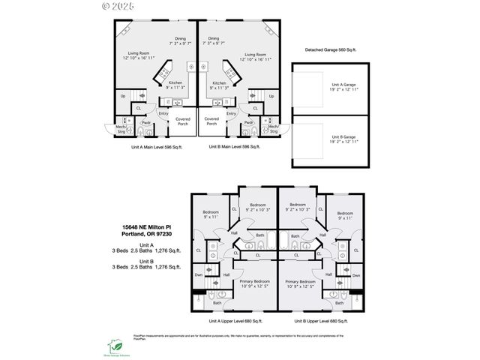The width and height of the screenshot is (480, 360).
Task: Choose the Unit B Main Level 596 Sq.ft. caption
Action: click(234, 147)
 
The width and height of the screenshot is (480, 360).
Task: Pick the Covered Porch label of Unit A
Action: click(183, 121)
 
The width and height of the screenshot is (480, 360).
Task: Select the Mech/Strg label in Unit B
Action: click(273, 128)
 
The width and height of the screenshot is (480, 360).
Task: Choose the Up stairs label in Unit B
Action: click(271, 96)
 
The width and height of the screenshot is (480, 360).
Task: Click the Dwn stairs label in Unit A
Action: click(199, 275)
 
